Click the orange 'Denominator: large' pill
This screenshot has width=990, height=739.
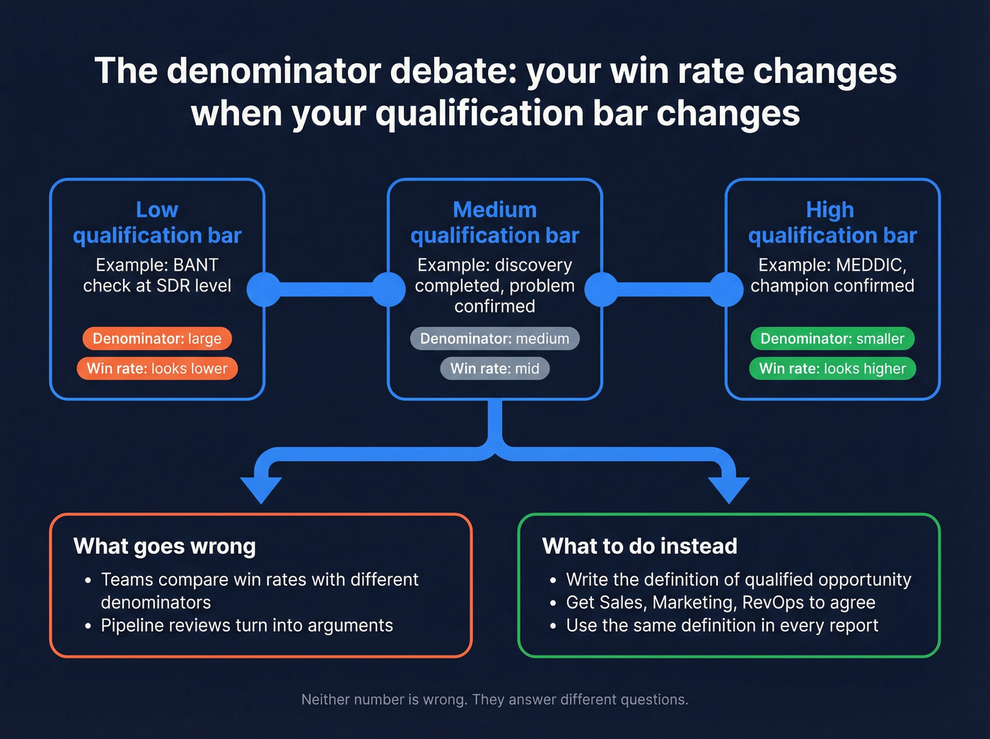point(157,339)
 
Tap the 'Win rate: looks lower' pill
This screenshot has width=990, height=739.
point(157,368)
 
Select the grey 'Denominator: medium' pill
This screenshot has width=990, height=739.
point(494,339)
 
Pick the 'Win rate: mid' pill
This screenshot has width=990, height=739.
point(494,368)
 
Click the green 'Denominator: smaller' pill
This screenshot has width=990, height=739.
point(832,339)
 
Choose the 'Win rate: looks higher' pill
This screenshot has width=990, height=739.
point(832,368)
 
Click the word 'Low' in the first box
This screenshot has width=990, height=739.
point(157,209)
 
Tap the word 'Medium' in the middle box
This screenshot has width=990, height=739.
point(494,209)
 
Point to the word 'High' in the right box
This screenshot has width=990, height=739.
point(830,209)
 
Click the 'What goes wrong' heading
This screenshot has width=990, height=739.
point(165,546)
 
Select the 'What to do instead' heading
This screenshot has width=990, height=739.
point(639,546)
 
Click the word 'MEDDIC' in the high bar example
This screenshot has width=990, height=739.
point(869,265)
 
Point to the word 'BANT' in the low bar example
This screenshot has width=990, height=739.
point(196,265)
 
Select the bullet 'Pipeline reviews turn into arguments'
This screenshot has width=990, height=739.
point(247,626)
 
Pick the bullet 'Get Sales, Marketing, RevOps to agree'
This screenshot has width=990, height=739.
point(721,603)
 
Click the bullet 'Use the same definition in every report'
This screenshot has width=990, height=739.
point(722,626)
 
